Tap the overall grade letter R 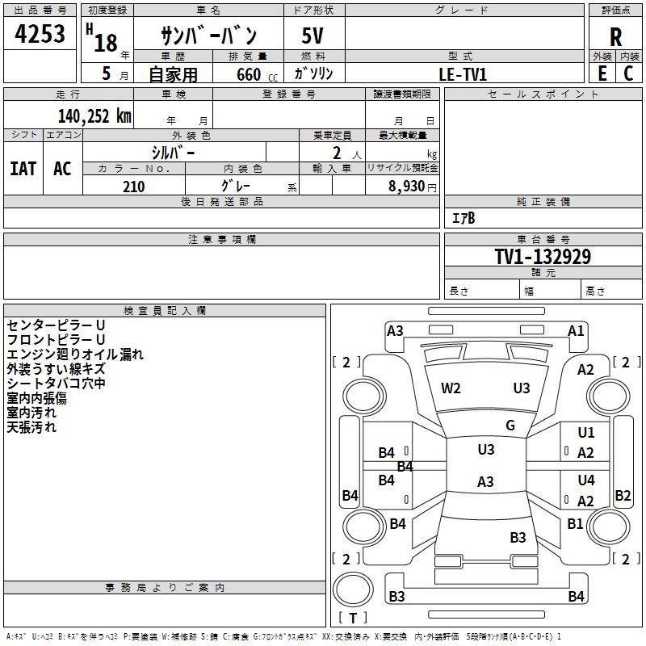615,36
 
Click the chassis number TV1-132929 543,257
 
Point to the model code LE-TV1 463,73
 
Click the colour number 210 133,187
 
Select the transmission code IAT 23,169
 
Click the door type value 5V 313,37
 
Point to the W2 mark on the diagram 451,388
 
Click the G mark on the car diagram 510,426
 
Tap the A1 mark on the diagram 576,330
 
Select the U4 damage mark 586,480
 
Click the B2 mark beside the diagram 623,496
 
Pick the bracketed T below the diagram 353,618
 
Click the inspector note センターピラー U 57,325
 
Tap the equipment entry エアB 464,218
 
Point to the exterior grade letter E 602,73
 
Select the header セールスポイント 543,94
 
